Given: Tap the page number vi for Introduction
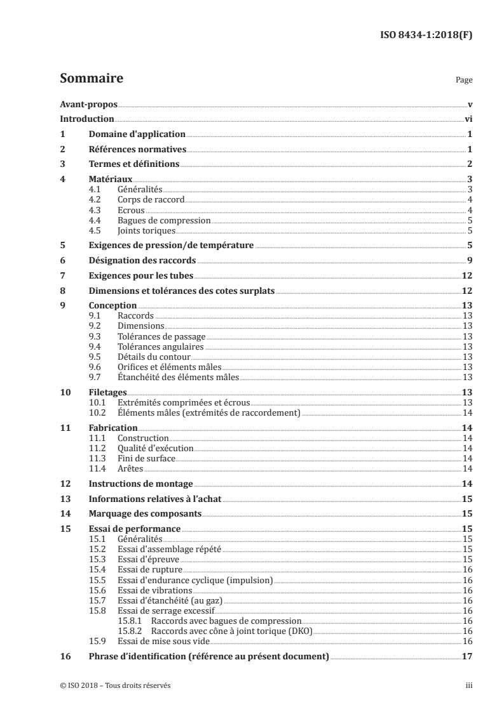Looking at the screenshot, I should tap(467, 119).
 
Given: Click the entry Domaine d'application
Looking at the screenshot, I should tap(137, 134).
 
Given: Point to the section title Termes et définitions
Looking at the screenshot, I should tap(134, 164).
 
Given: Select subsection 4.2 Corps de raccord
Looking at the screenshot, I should tap(151, 199).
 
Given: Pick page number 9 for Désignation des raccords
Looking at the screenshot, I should tap(469, 260).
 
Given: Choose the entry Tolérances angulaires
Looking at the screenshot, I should tap(161, 346).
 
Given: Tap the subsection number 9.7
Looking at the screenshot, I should tap(95, 377).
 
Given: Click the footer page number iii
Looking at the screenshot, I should tap(468, 685).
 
